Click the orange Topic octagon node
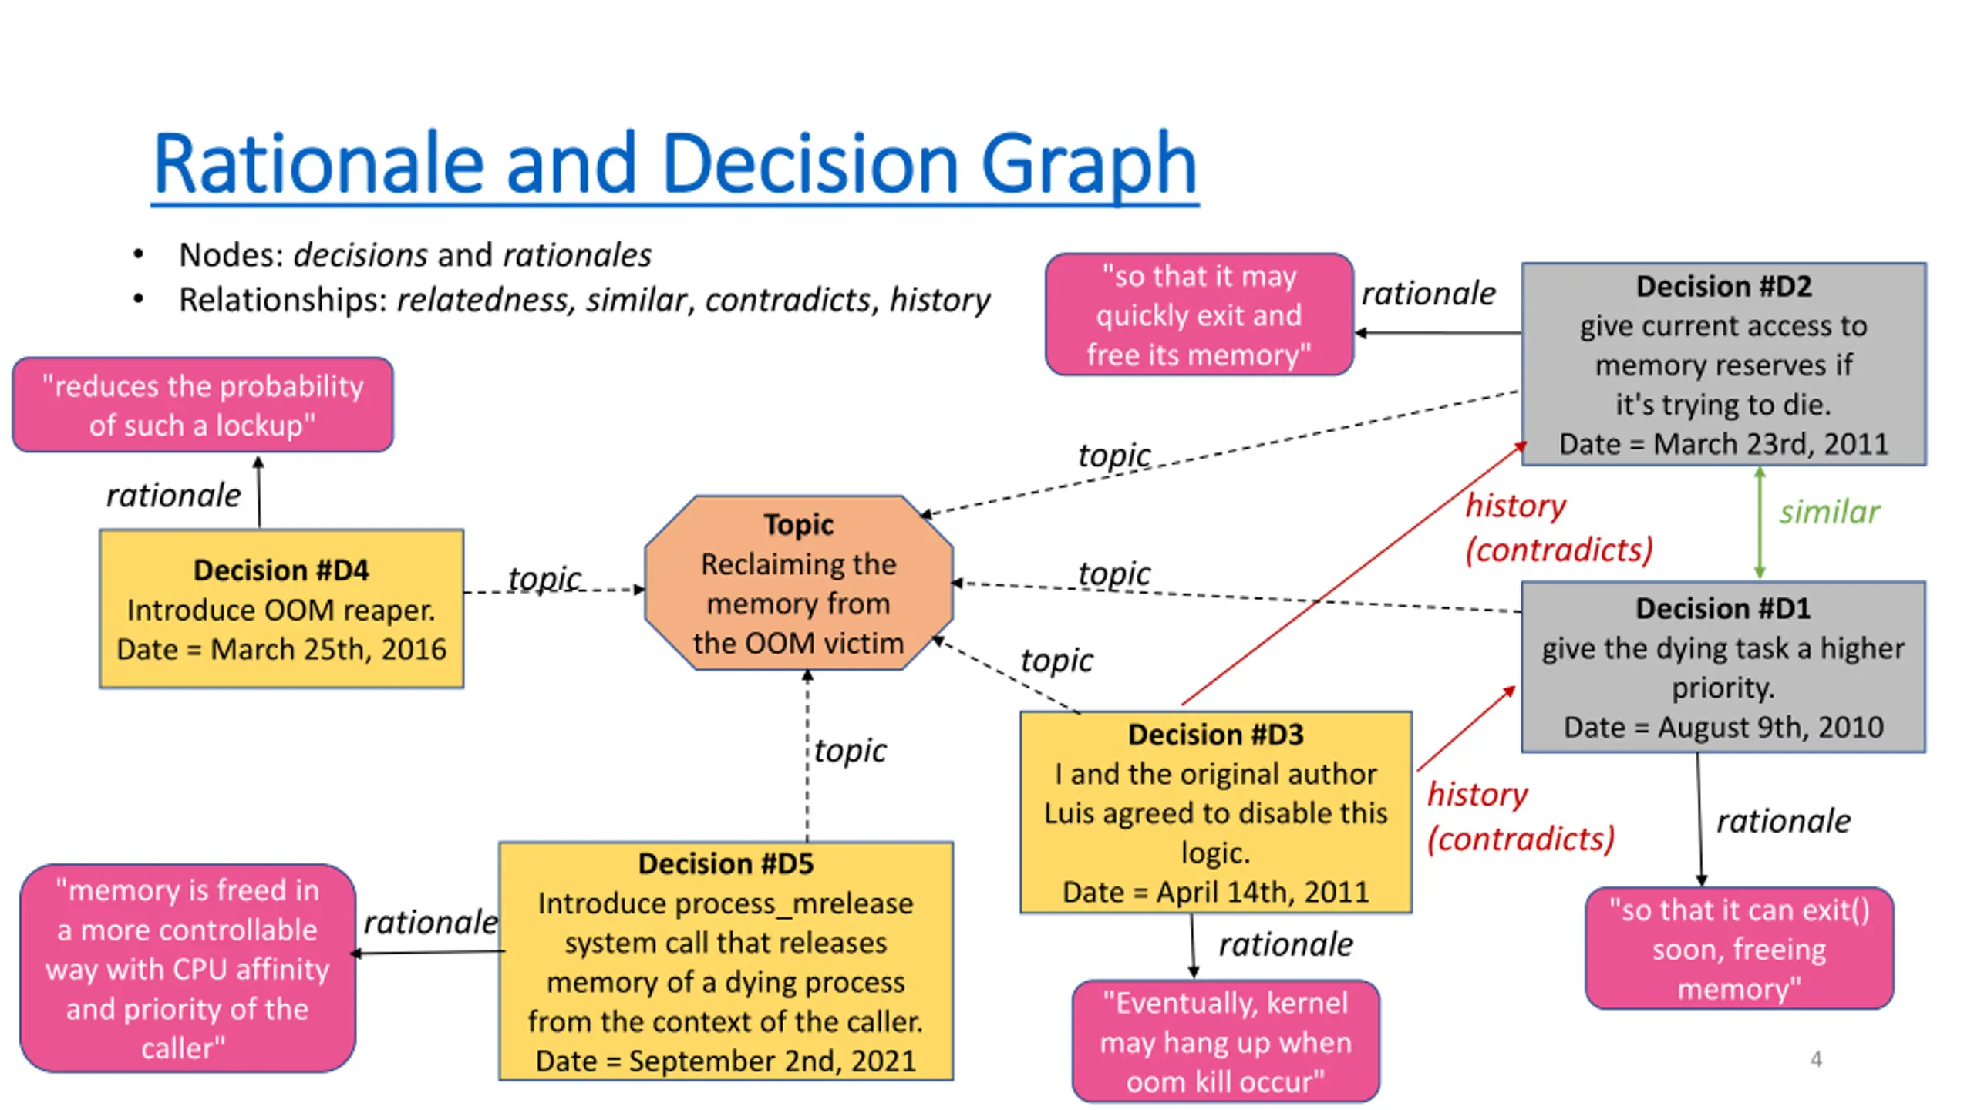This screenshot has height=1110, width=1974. pos(799,584)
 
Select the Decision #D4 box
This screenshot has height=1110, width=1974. pos(281,608)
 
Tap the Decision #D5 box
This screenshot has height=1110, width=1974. pos(726,960)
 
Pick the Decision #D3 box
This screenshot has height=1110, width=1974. pos(1215,812)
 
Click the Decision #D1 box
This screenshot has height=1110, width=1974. pos(1723,667)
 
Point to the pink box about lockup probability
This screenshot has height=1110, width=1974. pos(203,405)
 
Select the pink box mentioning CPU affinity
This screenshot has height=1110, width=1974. pos(187,968)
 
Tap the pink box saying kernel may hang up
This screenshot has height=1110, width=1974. pos(1225,1041)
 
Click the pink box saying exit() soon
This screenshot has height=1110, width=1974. pos(1740,948)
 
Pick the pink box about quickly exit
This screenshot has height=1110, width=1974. pos(1199,314)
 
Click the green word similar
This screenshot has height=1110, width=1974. pos(1829,512)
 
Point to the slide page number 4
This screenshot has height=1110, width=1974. pos(1816,1059)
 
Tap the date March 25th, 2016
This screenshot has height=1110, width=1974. pos(328,649)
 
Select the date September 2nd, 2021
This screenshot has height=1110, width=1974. pos(772,1061)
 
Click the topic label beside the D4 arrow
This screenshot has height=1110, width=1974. pos(544,578)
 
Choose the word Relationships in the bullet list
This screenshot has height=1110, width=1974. pos(282,299)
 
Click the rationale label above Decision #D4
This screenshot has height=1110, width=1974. pos(173,496)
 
